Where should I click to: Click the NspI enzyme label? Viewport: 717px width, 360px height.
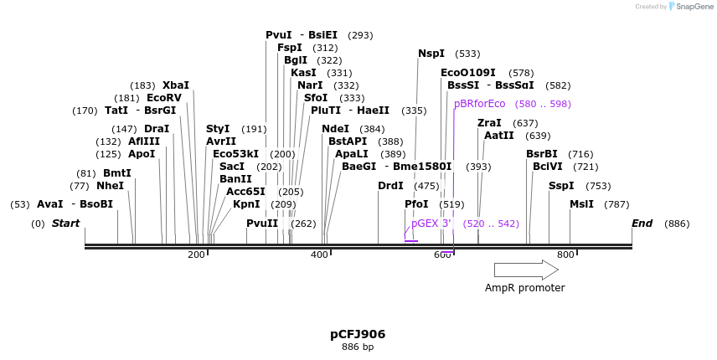(x=431, y=54)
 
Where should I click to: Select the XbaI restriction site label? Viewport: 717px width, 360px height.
(x=176, y=85)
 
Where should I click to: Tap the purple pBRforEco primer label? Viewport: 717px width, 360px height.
(x=480, y=104)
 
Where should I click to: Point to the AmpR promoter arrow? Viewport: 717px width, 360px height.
(x=526, y=270)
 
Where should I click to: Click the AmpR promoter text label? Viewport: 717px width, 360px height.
(x=525, y=288)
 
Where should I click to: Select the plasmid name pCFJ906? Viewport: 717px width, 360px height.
(x=358, y=334)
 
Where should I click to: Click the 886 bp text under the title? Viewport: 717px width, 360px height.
(x=358, y=347)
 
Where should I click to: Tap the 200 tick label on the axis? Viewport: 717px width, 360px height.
(x=196, y=255)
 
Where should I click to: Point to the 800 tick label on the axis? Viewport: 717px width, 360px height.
(x=565, y=255)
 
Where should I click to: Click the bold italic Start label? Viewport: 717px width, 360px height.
(x=66, y=224)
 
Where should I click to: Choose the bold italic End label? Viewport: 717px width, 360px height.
(x=642, y=224)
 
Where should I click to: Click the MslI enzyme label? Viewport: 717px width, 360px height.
(x=581, y=204)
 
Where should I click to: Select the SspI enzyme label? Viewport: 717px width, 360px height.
(x=561, y=186)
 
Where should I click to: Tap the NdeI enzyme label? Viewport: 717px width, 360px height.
(x=335, y=129)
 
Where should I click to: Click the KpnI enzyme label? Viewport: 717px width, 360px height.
(x=246, y=204)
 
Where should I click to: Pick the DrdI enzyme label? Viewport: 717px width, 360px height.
(x=390, y=186)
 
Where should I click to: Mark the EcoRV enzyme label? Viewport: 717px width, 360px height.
(x=164, y=98)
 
